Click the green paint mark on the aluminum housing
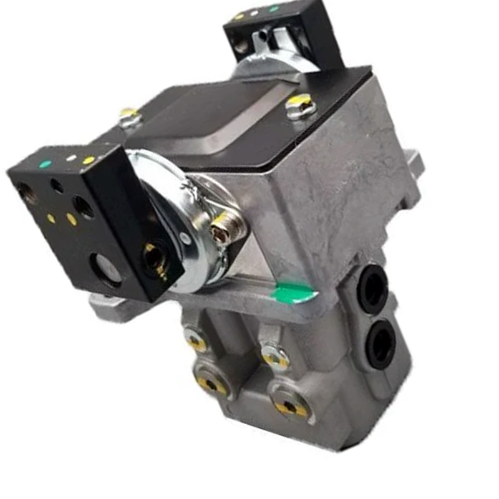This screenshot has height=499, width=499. (x=294, y=293)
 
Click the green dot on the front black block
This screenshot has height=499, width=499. (x=45, y=165)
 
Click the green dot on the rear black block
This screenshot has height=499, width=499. (x=274, y=9)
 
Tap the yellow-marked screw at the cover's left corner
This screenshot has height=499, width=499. (x=129, y=115)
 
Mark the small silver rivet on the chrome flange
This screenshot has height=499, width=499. (x=185, y=238)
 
